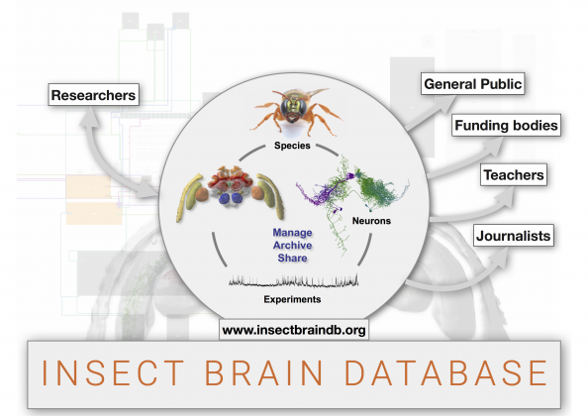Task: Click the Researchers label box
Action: point(93,94)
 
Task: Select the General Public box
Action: point(472,83)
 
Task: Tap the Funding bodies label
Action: point(506,125)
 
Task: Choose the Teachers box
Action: point(514,174)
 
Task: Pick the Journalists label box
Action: point(513,236)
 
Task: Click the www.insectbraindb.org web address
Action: point(294,330)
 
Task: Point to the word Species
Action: point(292,146)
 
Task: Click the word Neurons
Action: point(371,221)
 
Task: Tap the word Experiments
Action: point(292,299)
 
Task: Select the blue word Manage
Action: point(292,233)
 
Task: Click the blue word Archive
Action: point(292,246)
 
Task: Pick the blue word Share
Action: point(292,259)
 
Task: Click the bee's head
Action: point(294,108)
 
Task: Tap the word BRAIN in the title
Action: point(263,372)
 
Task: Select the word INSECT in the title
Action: point(113,372)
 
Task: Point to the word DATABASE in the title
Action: point(445,372)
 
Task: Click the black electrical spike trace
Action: point(293,280)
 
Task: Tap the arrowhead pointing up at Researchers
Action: point(90,117)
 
